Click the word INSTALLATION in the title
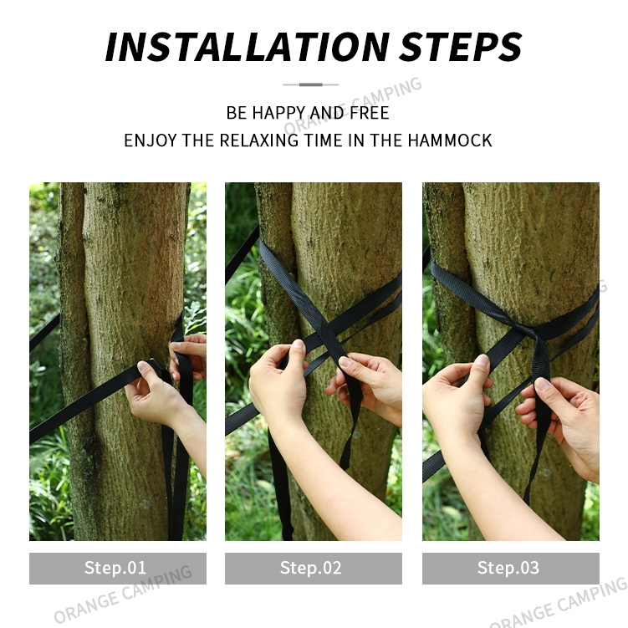(248, 47)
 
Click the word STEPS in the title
(461, 47)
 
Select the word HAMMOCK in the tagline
(450, 140)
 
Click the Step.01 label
(115, 568)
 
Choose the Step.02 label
(311, 568)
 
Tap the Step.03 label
(508, 568)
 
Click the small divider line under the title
(311, 84)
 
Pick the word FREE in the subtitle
(370, 113)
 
